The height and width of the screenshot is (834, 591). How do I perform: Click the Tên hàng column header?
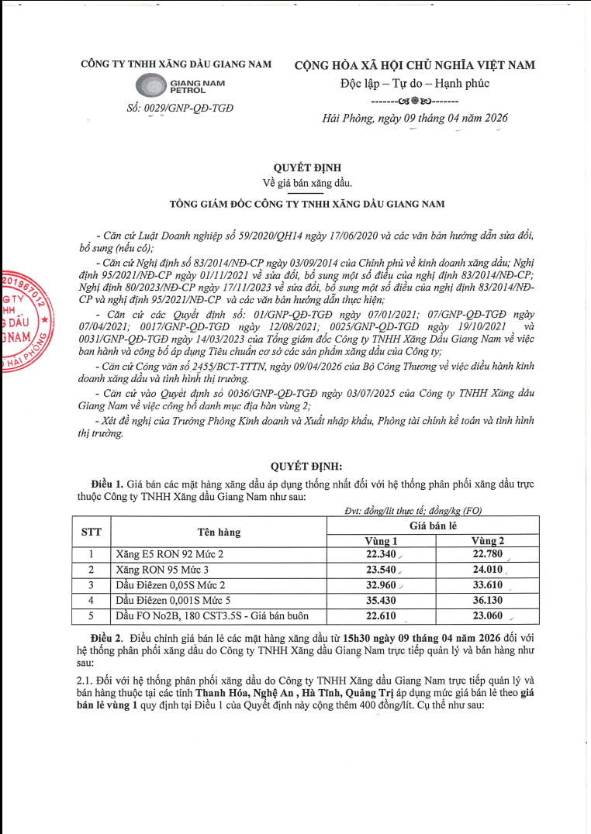pyautogui.click(x=218, y=532)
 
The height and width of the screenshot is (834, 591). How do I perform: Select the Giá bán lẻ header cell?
pyautogui.click(x=437, y=526)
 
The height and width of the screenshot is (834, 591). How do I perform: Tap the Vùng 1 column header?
pyautogui.click(x=382, y=540)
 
